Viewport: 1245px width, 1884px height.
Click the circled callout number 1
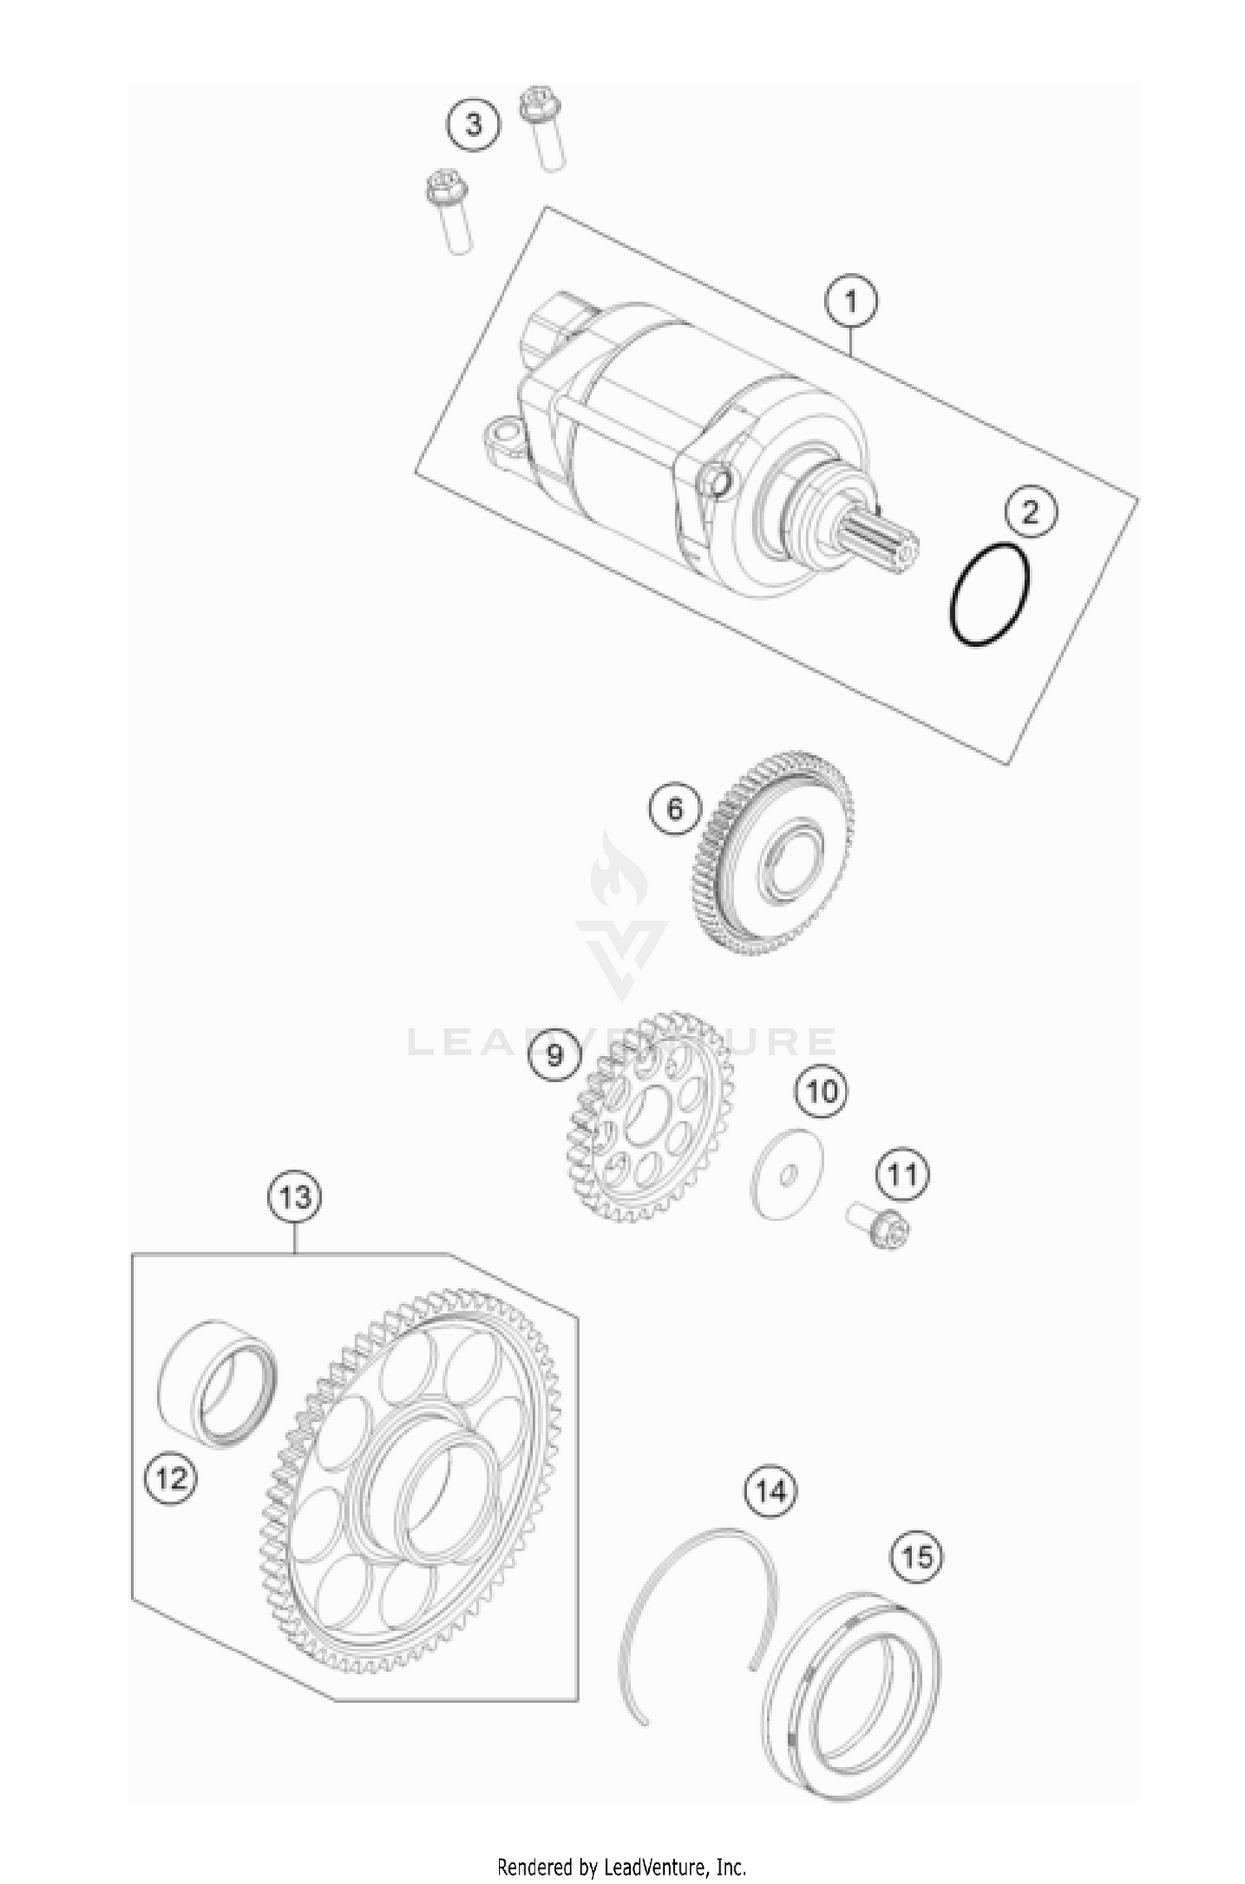tap(851, 302)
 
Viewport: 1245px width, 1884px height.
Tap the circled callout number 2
tap(1031, 512)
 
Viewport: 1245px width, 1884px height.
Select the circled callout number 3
tap(473, 124)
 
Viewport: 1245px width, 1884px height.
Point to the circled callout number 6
tap(675, 807)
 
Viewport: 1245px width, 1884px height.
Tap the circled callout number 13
tap(295, 1197)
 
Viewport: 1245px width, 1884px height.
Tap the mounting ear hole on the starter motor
tap(500, 436)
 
